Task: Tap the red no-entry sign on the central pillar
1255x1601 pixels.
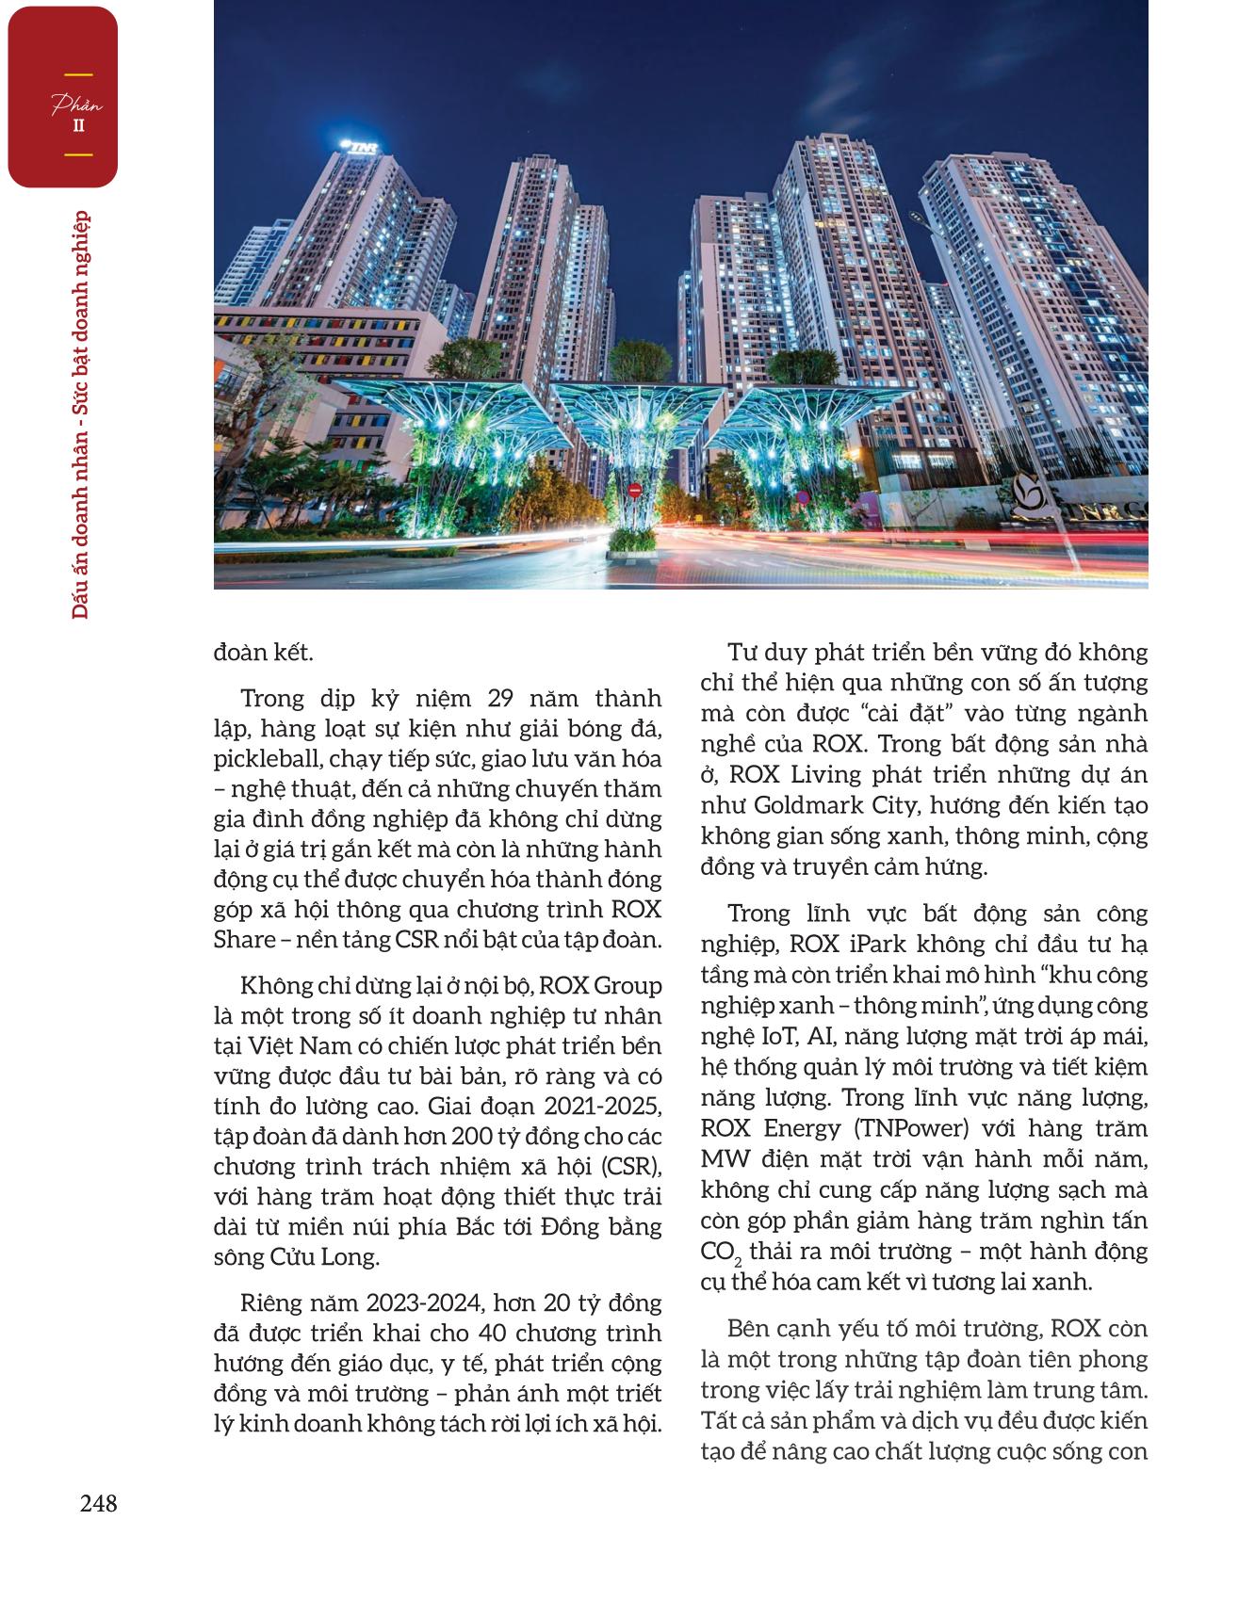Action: pos(634,490)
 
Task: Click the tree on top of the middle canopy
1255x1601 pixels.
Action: pos(638,363)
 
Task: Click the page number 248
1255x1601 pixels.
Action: pos(97,1504)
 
